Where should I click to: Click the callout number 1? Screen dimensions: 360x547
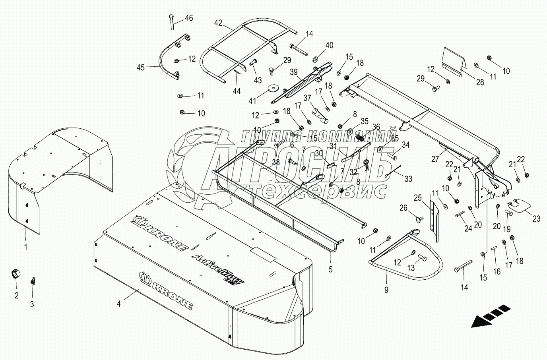tap(26, 247)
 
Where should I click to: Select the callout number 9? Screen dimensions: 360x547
tap(386, 290)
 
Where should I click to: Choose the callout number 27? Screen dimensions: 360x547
tap(435, 159)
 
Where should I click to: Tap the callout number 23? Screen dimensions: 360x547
tap(537, 218)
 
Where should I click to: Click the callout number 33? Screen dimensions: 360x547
tap(409, 179)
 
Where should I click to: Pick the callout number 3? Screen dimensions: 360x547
tap(33, 304)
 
